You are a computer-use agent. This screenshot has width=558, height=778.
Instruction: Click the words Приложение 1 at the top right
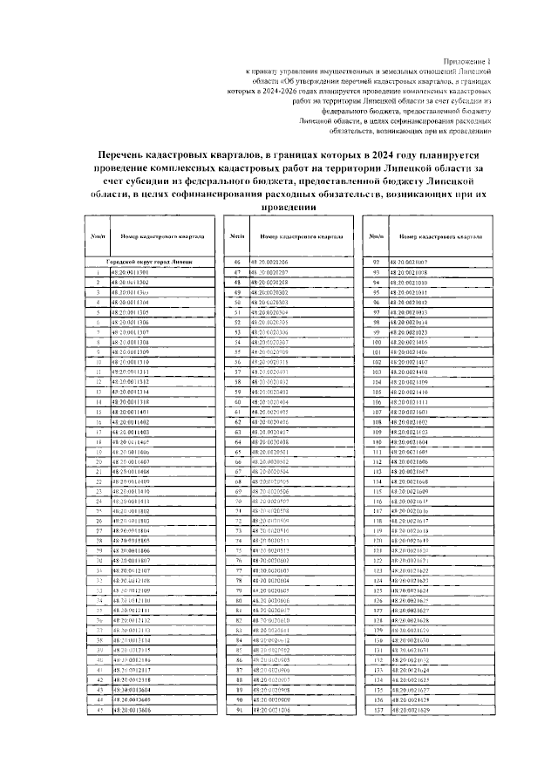pyautogui.click(x=466, y=62)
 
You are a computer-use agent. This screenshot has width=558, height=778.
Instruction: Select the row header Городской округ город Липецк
pyautogui.click(x=149, y=261)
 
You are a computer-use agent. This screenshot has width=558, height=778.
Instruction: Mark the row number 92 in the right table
pyautogui.click(x=376, y=262)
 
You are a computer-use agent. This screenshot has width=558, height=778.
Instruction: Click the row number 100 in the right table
pyautogui.click(x=376, y=342)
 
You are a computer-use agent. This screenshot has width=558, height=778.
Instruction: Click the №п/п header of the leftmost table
pyautogui.click(x=99, y=236)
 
